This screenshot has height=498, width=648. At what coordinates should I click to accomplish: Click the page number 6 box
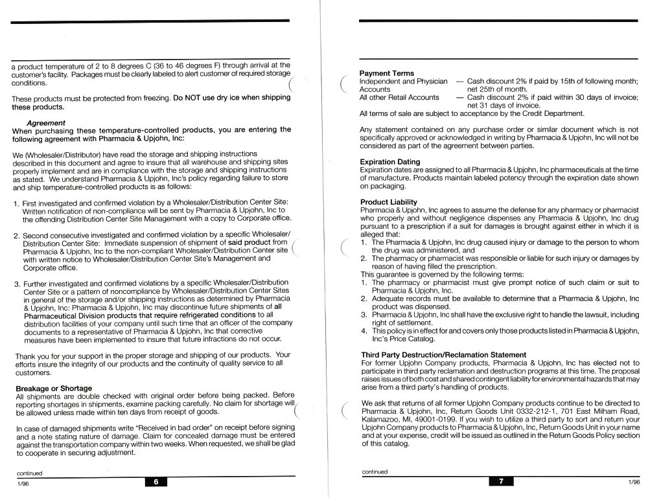tap(156, 481)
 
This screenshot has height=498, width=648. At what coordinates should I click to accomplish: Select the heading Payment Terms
tap(387, 73)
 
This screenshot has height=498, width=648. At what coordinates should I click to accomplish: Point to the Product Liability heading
tap(388, 202)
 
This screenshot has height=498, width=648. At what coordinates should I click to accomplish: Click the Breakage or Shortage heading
tap(54, 388)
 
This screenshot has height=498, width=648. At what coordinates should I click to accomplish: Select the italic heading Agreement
tap(46, 122)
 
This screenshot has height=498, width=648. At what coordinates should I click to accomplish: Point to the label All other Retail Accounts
tap(399, 97)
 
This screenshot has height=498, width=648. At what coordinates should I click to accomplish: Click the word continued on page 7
tap(375, 471)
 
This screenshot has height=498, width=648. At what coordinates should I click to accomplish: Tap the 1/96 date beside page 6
tap(21, 482)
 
